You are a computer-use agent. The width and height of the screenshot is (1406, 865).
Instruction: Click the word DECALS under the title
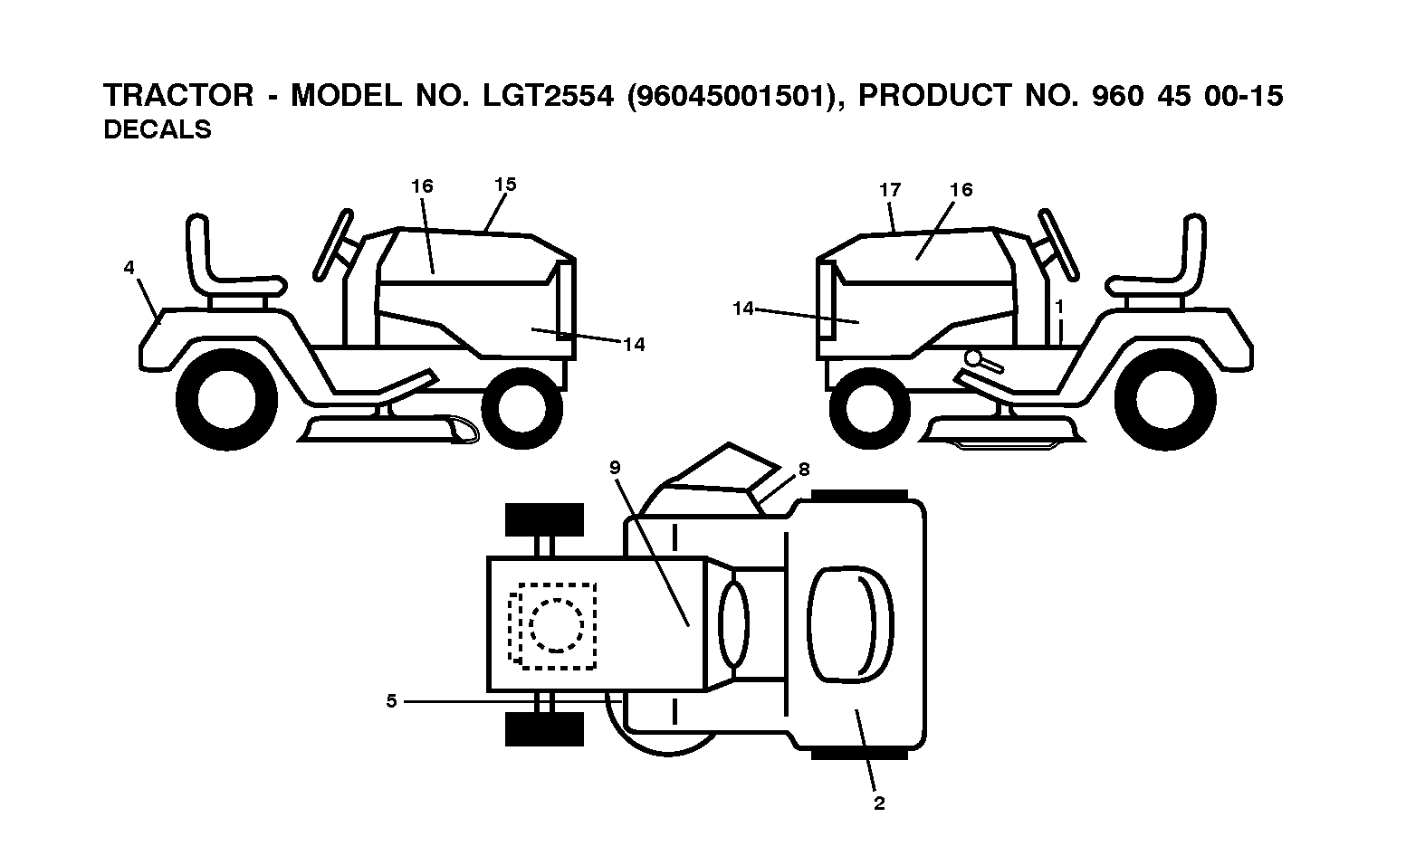158,129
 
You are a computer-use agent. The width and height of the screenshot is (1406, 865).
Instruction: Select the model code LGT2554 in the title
548,96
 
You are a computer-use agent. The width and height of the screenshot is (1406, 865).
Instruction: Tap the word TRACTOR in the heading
178,96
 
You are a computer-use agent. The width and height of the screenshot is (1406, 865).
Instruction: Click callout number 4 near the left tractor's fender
129,268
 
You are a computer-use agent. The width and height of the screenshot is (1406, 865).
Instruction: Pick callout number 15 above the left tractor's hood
505,185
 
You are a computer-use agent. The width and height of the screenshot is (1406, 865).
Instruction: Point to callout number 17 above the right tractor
890,189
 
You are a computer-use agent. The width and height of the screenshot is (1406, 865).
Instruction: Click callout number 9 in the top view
615,467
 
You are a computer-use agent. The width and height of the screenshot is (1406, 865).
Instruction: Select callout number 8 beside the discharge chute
804,470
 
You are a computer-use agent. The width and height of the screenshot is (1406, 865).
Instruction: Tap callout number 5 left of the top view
392,700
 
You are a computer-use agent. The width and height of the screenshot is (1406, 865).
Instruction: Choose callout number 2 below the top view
879,803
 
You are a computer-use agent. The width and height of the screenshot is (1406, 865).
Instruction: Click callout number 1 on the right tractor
1059,307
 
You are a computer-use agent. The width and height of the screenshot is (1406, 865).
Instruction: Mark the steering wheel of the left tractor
334,244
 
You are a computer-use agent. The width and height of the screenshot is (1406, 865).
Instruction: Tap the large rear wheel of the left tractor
226,400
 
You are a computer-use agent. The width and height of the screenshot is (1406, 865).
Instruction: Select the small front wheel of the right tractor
870,408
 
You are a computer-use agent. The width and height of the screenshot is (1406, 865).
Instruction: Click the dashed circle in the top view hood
556,625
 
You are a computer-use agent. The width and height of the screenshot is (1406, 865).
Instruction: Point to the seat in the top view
851,624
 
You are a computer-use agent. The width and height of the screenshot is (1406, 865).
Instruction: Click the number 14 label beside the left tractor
634,345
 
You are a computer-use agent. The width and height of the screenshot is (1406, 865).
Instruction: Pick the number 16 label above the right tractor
961,189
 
